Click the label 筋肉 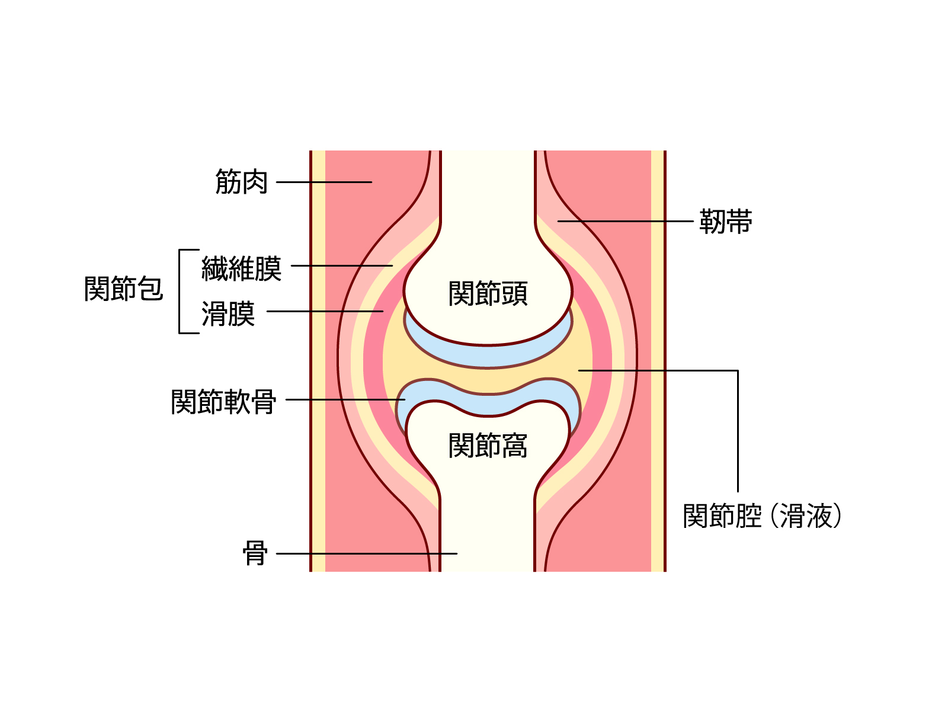[x=241, y=182]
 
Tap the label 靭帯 [x=726, y=222]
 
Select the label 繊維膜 [x=241, y=268]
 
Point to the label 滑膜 [x=228, y=314]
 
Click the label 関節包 [x=123, y=289]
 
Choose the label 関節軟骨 [x=223, y=402]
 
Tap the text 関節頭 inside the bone [x=488, y=293]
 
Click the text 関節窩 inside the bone [x=488, y=445]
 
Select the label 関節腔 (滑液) [x=763, y=515]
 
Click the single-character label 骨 [x=255, y=553]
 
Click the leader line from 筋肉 [x=324, y=182]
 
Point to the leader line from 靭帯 [x=625, y=222]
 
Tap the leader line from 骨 [x=367, y=553]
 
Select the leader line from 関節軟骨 [x=345, y=400]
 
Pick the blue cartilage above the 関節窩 [x=488, y=405]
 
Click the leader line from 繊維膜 [x=342, y=265]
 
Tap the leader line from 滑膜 [x=325, y=311]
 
